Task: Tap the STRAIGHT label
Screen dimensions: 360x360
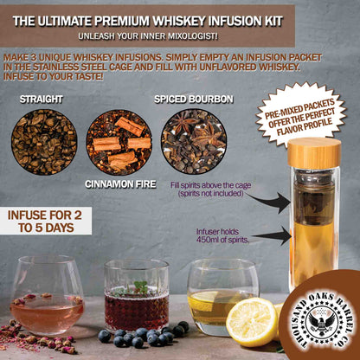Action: (x=41, y=100)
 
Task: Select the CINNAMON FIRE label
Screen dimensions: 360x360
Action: (x=120, y=184)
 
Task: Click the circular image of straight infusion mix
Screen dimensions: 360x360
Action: (x=43, y=141)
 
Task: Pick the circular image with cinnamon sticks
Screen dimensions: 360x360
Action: (x=119, y=141)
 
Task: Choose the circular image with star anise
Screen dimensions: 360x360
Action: (x=193, y=141)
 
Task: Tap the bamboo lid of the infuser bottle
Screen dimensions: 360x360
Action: (x=313, y=153)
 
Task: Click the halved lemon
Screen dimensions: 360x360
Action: (x=252, y=321)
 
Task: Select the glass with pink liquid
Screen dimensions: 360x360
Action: (x=48, y=307)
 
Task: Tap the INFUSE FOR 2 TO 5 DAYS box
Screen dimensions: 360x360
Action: (x=48, y=222)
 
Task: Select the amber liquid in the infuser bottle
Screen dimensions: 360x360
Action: (x=313, y=251)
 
